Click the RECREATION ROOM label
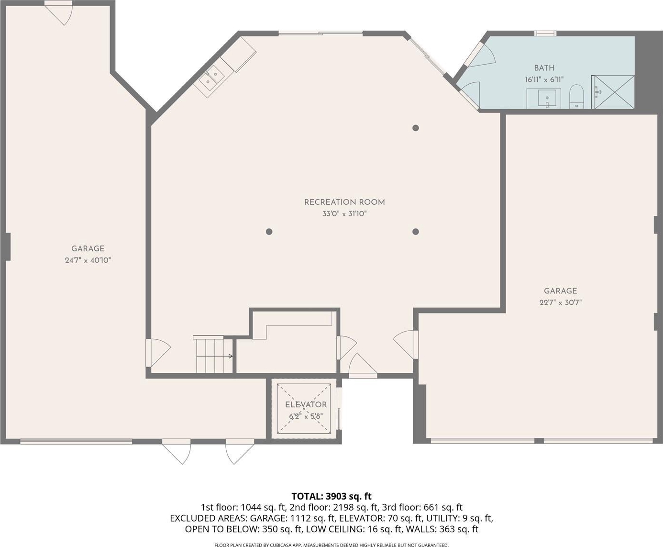click(x=344, y=202)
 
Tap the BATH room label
click(x=544, y=68)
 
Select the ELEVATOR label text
click(x=306, y=405)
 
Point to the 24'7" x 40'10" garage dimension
click(x=88, y=260)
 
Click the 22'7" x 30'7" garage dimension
click(x=561, y=302)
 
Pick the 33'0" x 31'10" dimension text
click(x=344, y=214)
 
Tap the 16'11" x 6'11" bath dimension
click(x=544, y=79)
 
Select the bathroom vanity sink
click(x=547, y=98)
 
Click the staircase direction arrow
click(x=215, y=356)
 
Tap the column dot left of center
click(x=269, y=232)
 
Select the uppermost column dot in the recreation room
click(x=416, y=128)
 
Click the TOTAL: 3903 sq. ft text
click(x=331, y=496)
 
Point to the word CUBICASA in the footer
click(x=281, y=545)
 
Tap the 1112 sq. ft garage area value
click(x=312, y=518)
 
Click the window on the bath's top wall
click(x=545, y=33)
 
